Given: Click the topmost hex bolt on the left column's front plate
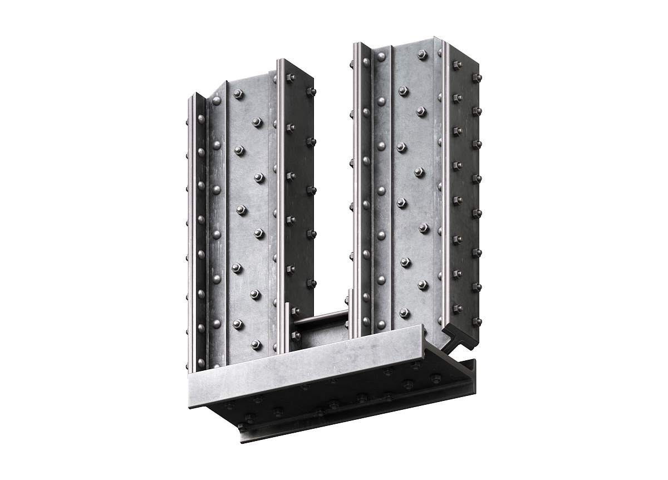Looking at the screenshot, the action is point(239,95).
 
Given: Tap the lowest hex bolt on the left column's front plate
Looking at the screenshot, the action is point(256,345).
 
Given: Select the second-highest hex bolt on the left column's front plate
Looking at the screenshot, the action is point(257,122).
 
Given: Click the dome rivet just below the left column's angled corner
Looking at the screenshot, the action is point(216,101).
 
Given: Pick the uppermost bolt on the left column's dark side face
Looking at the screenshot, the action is point(290,79).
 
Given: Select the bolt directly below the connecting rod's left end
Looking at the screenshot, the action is point(296,335).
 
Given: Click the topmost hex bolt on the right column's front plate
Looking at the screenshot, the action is point(423,55).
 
